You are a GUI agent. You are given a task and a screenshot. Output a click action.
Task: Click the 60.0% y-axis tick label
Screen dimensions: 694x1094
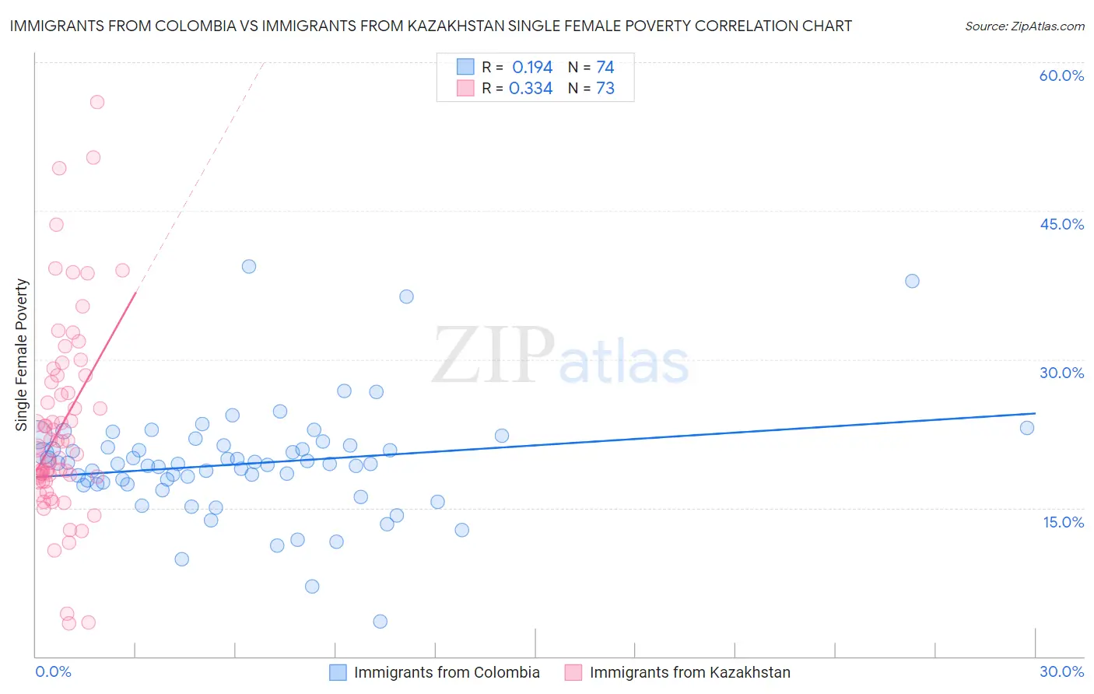[1061, 75]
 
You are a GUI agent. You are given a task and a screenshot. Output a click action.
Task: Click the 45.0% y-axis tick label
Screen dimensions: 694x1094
[1061, 224]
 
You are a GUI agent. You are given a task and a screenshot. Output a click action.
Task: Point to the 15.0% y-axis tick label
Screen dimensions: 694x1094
[1063, 522]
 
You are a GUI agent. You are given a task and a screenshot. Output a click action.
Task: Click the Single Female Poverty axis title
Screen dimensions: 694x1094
[22, 355]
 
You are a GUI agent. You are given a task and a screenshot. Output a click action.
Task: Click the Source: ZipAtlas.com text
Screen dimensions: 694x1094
[1024, 26]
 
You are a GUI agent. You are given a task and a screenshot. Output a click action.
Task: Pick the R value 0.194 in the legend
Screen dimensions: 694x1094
[532, 67]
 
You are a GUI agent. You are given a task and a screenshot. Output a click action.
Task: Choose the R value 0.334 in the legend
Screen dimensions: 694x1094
[531, 89]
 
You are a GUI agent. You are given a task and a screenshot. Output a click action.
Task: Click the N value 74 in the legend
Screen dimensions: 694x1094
[605, 67]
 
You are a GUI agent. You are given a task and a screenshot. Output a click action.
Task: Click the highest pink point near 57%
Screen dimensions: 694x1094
[97, 102]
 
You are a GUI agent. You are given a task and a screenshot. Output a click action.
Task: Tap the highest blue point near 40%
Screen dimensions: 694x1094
[249, 266]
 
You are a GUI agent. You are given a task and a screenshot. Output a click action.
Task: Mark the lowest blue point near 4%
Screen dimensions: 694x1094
[380, 621]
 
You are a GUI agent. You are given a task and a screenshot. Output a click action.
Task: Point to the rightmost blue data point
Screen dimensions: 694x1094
[1027, 428]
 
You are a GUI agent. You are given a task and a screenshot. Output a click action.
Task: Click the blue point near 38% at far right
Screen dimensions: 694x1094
[912, 281]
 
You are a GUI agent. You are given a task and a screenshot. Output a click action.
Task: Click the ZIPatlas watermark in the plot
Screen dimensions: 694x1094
[560, 356]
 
